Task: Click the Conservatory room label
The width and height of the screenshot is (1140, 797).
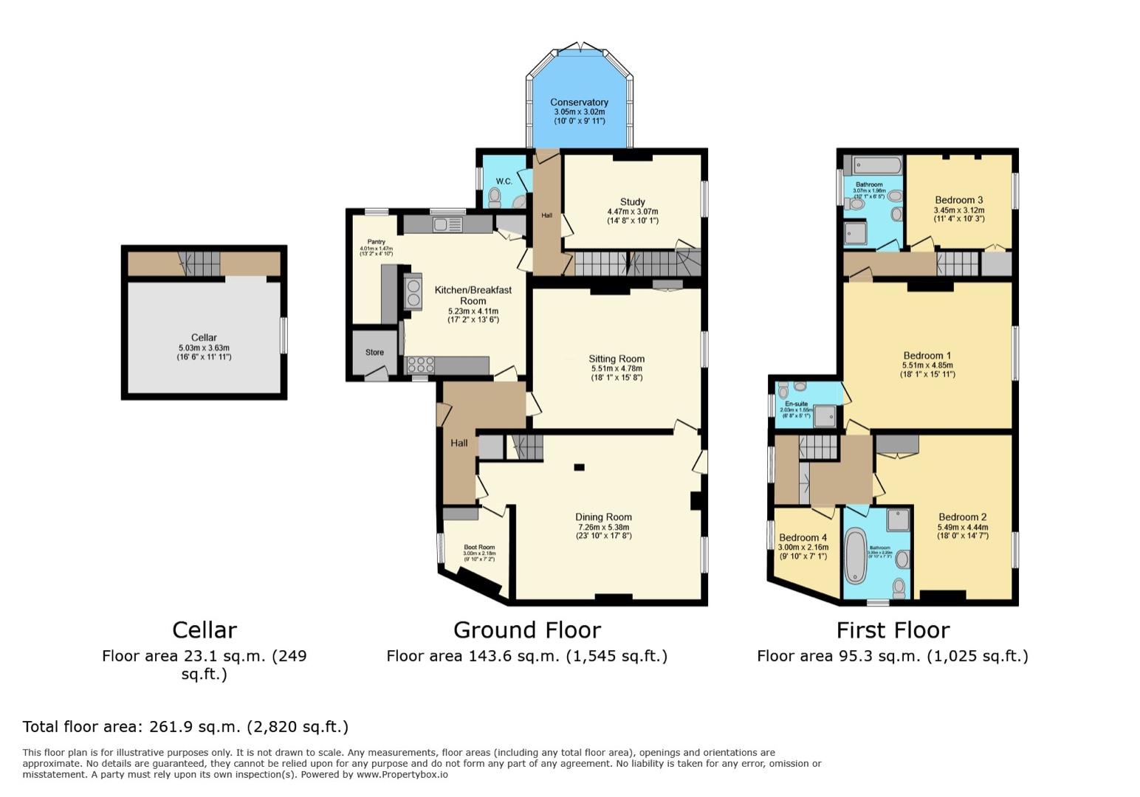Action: pyautogui.click(x=579, y=102)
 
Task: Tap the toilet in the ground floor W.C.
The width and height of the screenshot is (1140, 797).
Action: pyautogui.click(x=495, y=196)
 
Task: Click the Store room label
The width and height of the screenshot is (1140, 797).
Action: pyautogui.click(x=374, y=352)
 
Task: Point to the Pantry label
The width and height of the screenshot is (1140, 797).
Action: pyautogui.click(x=376, y=242)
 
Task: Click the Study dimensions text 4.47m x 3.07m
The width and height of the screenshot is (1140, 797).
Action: pyautogui.click(x=632, y=211)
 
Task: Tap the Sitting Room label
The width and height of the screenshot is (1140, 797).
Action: pyautogui.click(x=617, y=359)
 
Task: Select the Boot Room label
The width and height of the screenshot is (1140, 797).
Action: pyautogui.click(x=479, y=547)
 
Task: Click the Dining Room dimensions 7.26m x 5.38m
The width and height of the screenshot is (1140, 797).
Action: pyautogui.click(x=603, y=527)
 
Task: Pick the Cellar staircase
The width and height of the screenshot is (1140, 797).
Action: pyautogui.click(x=199, y=263)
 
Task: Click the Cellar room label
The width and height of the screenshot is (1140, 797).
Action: pyautogui.click(x=204, y=337)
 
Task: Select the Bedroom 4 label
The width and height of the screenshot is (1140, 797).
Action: pyautogui.click(x=803, y=537)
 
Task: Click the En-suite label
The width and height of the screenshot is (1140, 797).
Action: pyautogui.click(x=796, y=404)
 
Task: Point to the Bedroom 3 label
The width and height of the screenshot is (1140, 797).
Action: pyautogui.click(x=958, y=200)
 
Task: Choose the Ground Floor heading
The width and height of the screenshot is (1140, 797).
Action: pyautogui.click(x=526, y=629)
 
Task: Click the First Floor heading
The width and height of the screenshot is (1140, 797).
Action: pyautogui.click(x=892, y=629)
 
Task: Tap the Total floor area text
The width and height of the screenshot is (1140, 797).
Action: pyautogui.click(x=185, y=726)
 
